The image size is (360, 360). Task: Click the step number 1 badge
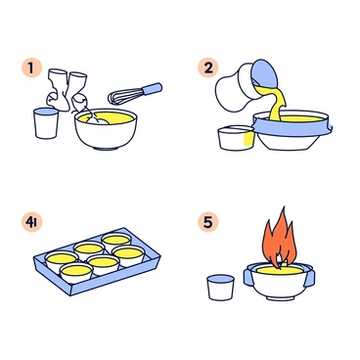pos(32,69)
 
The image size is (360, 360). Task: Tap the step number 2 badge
pos(207,68)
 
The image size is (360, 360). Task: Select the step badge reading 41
pos(33,220)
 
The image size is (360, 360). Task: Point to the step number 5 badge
pos(207,220)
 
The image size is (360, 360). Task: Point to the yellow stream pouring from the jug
pos(277,104)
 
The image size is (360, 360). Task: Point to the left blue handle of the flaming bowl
pos(247,277)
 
